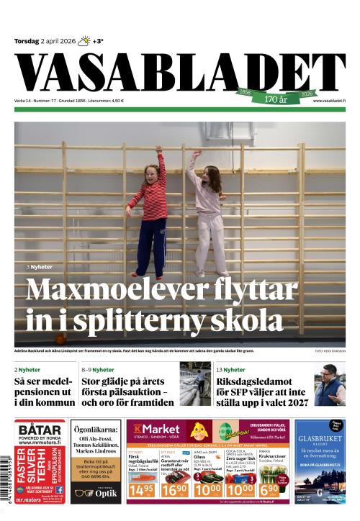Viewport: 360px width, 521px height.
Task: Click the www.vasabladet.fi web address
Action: click(329, 101)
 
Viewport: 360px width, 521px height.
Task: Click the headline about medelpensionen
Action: click(45, 391)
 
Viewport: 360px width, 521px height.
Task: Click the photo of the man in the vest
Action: click(330, 385)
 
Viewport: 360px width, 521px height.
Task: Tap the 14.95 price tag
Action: click(140, 489)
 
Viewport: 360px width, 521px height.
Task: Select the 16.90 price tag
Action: click(179, 489)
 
